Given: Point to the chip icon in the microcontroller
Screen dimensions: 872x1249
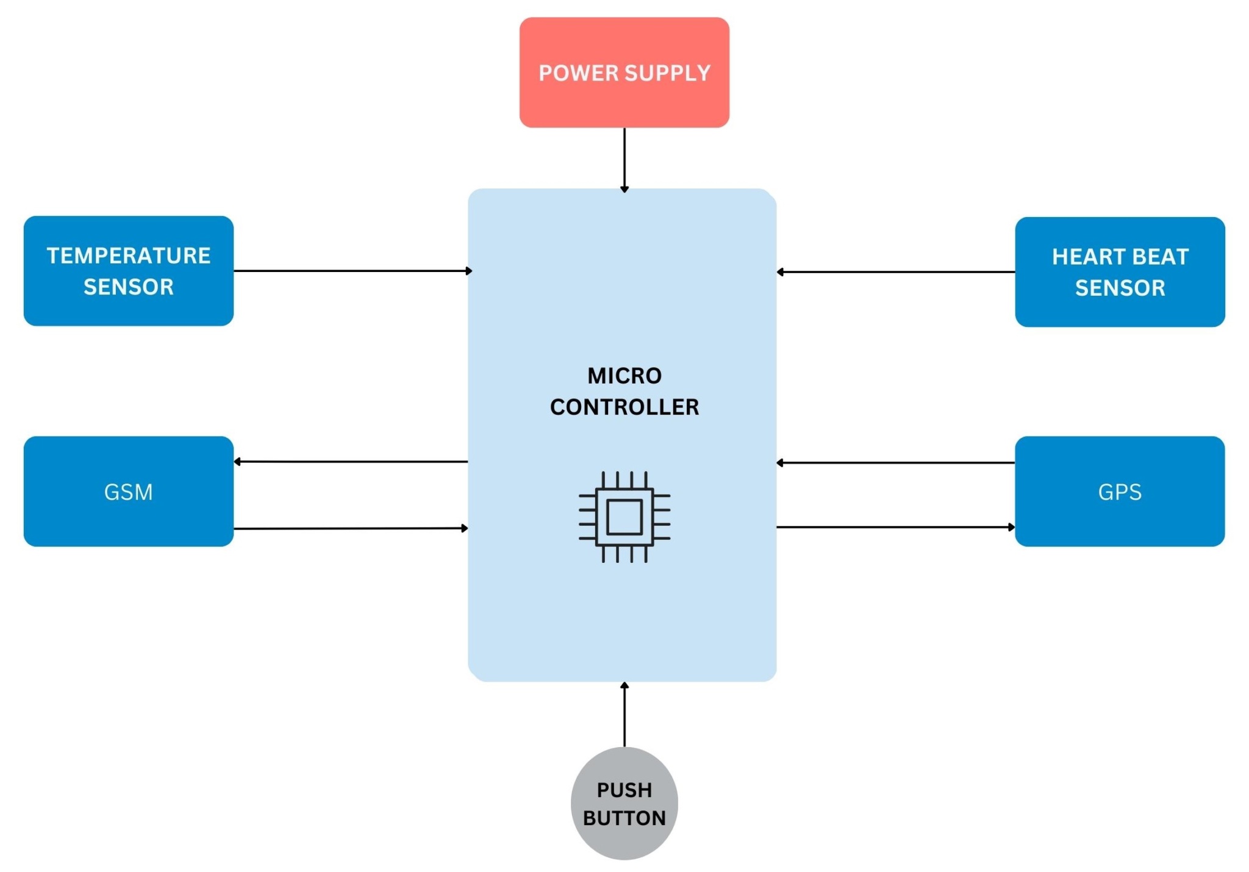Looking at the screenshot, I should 624,516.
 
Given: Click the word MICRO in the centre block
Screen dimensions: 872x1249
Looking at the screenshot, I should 624,376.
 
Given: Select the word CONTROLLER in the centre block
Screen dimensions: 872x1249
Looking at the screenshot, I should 624,407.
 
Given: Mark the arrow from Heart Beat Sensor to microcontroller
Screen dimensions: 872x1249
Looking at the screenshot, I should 895,271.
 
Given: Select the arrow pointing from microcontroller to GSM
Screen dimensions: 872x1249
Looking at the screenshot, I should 351,461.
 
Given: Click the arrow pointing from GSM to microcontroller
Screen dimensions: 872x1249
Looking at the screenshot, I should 351,528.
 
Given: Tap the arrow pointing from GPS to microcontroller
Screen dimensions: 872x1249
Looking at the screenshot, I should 895,462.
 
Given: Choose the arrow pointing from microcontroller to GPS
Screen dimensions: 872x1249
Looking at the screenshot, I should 895,527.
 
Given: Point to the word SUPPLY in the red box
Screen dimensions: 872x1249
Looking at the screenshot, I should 667,73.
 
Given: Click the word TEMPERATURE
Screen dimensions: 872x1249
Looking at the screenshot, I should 128,256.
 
